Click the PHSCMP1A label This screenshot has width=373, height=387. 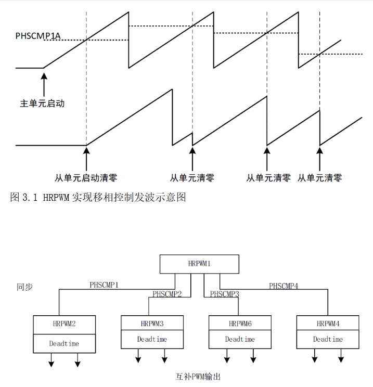click(38, 36)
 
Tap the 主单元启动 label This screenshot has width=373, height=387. click(42, 103)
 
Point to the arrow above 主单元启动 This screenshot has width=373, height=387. click(44, 84)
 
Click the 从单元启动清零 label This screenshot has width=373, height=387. click(86, 178)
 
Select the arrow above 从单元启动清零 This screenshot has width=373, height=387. click(86, 159)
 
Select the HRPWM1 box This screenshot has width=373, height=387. click(199, 264)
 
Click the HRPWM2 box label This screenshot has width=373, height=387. click(64, 324)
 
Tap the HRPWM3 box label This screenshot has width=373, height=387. click(152, 324)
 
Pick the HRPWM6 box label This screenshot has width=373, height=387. click(240, 324)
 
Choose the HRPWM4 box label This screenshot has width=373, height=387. click(328, 324)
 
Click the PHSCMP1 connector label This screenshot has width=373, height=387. click(104, 285)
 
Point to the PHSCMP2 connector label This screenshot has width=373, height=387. click(167, 294)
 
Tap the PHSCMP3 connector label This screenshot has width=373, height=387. click(224, 294)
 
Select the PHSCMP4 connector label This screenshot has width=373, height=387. click(284, 286)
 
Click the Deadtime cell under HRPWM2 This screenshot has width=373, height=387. click(64, 343)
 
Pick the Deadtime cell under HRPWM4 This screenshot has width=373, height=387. click(328, 339)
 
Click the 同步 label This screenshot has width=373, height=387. click(24, 287)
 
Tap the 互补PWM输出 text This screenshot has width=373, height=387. click(198, 377)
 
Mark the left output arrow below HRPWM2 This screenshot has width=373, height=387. click(51, 360)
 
